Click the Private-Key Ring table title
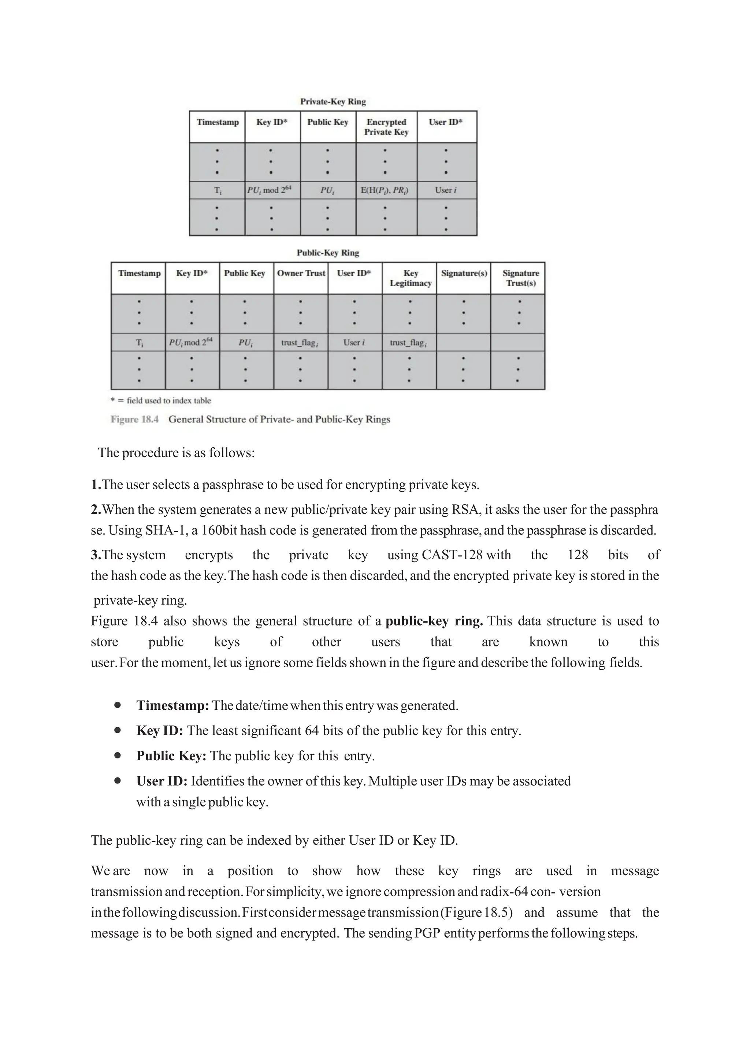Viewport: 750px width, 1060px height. click(333, 101)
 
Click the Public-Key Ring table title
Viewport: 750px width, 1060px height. click(327, 253)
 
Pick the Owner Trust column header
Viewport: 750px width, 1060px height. click(301, 273)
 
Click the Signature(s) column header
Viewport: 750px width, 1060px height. click(464, 273)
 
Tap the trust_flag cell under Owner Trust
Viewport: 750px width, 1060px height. click(300, 343)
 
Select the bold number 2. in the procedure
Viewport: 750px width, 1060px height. click(96, 510)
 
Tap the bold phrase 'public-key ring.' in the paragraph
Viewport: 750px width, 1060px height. click(434, 622)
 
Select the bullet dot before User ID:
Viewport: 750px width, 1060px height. click(118, 781)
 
